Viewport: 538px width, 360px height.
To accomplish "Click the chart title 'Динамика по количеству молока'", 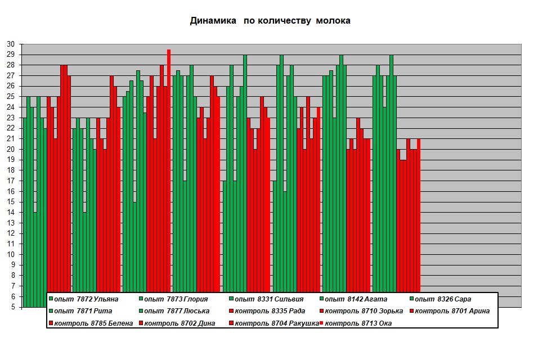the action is [x=270, y=21].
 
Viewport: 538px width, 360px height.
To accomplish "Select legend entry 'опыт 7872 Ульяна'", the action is [x=84, y=299].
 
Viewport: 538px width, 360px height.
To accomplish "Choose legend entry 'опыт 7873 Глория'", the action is [x=174, y=299].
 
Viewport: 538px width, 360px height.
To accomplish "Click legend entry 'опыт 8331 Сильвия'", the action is [x=267, y=299].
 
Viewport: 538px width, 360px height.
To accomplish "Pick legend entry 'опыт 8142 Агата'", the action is [x=353, y=299].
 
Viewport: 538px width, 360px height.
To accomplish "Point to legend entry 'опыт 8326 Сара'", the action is [x=441, y=299].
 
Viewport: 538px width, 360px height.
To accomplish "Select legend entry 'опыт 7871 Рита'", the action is [x=80, y=311].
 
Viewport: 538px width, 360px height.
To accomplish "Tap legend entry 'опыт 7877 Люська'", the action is [x=174, y=311].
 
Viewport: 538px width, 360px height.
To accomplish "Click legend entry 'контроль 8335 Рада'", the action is [x=267, y=311].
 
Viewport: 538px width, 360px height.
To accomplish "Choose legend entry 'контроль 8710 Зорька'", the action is [x=361, y=311].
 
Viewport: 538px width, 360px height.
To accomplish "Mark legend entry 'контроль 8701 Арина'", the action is [x=450, y=311].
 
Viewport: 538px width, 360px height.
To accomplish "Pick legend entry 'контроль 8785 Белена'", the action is [x=91, y=323].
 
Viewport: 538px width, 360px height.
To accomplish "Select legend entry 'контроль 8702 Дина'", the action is [x=177, y=323].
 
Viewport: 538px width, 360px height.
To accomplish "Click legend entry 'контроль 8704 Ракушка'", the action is [x=274, y=323].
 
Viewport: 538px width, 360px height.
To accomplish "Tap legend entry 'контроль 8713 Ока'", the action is [x=356, y=323].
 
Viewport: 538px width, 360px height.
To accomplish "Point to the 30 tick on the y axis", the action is [x=11, y=44].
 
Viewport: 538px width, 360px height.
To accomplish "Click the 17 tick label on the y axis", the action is [x=11, y=181].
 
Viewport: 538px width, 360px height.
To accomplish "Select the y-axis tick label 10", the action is [x=11, y=254].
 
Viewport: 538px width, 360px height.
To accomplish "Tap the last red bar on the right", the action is [x=419, y=215].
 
